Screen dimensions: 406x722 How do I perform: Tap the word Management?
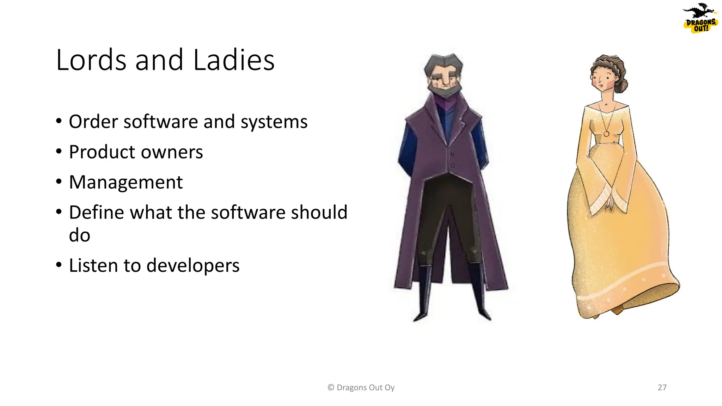pos(126,183)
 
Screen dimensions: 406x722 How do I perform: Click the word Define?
pos(96,213)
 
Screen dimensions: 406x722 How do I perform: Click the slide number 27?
pos(662,388)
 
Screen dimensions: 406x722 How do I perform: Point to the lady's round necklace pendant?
pos(606,134)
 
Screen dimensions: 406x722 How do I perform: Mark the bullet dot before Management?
pos(59,182)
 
